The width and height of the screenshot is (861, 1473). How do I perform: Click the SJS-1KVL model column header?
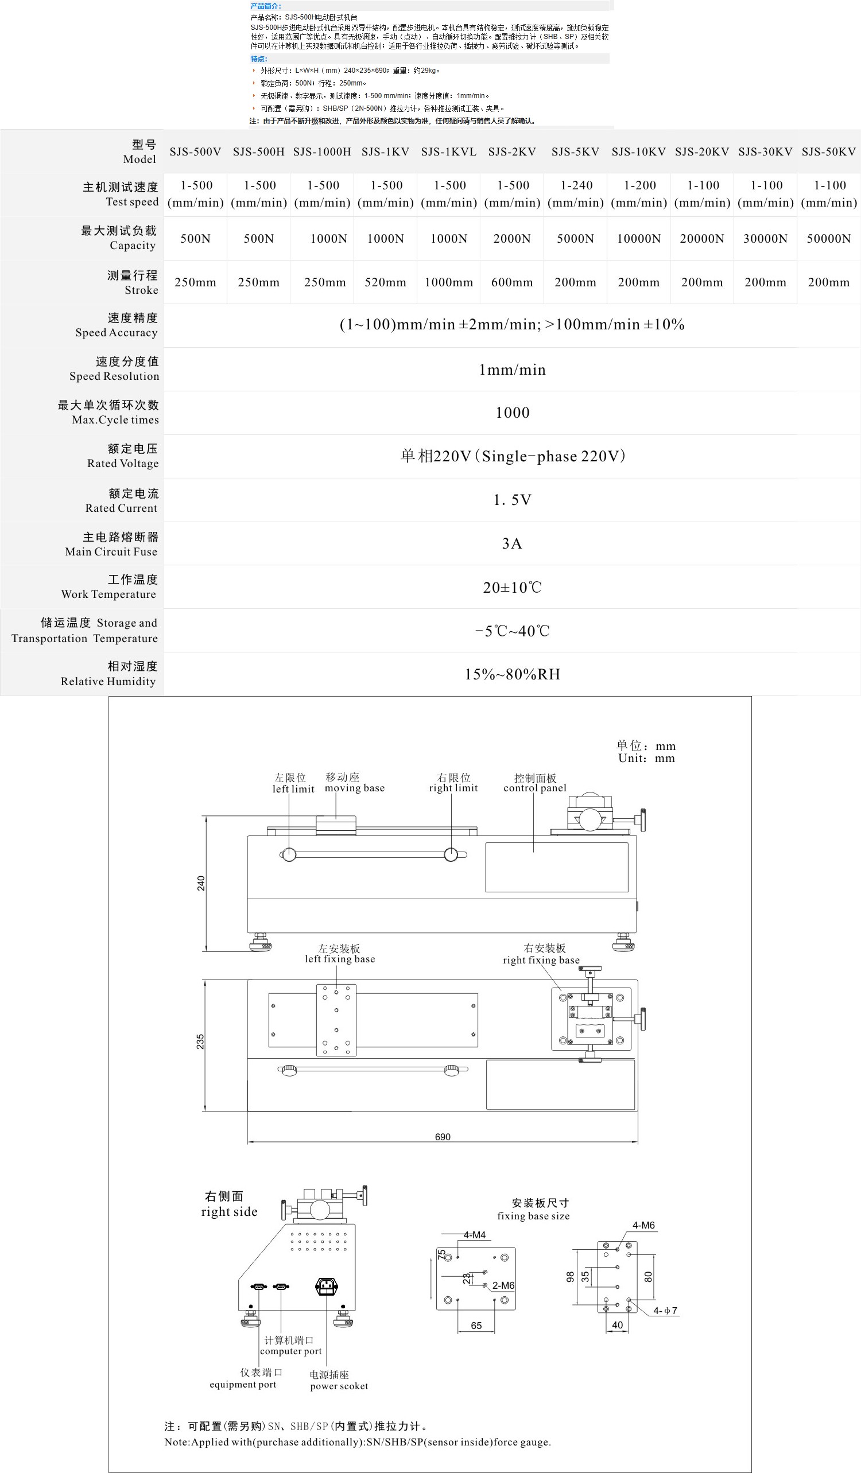click(x=449, y=152)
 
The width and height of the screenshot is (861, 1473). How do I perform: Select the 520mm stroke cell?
click(x=385, y=282)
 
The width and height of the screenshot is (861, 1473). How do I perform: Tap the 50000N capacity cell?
click(x=829, y=239)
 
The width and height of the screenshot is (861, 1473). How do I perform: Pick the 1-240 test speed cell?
click(x=576, y=194)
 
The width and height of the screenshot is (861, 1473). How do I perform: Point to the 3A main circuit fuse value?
click(x=512, y=543)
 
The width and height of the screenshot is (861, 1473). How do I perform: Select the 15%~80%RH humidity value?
click(x=512, y=675)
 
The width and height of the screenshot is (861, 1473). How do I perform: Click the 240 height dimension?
click(x=201, y=883)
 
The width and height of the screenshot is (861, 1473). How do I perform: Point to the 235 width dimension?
click(x=200, y=1041)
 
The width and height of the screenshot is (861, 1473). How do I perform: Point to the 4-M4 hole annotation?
click(x=475, y=1235)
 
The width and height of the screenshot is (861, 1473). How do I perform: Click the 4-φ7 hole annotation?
click(x=665, y=1311)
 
